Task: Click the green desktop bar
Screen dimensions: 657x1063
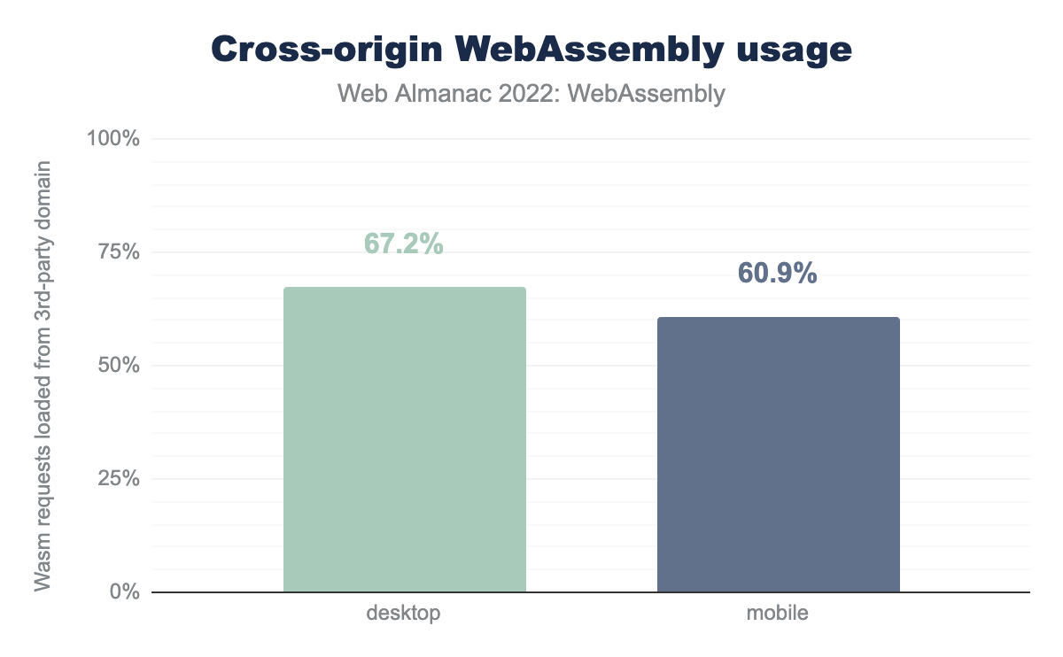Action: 404,439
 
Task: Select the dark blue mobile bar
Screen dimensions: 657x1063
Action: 778,454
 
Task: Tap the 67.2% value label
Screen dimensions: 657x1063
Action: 403,243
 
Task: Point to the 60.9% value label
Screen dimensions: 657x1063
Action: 777,274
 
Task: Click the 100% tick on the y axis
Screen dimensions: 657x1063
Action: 113,139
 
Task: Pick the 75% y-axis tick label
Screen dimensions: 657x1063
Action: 118,252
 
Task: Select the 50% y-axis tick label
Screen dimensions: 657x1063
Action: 118,366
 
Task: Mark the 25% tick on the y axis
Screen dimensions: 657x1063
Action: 118,479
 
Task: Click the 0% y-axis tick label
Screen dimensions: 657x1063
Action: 124,591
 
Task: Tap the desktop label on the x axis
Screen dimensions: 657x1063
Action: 404,613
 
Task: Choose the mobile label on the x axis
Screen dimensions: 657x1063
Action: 778,613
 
